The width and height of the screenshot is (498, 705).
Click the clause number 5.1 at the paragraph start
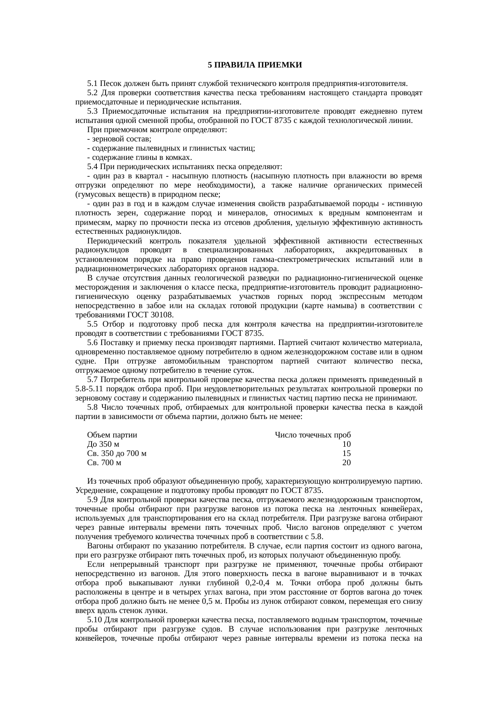click(92, 84)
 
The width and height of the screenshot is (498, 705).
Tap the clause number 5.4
click(92, 167)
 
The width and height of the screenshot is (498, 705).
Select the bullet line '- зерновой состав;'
click(119, 139)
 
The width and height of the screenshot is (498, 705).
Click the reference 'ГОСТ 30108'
click(150, 315)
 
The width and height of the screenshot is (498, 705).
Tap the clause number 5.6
click(92, 343)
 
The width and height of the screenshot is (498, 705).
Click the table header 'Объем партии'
click(112, 435)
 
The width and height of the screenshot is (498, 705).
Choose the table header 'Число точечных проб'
click(313, 435)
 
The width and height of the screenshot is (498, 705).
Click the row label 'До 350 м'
click(103, 444)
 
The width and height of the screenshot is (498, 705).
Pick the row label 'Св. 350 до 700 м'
click(116, 454)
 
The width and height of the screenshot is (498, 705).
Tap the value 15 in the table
click(347, 454)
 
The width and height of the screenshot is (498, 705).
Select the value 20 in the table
click(347, 463)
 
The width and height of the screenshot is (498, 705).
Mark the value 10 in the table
click(347, 444)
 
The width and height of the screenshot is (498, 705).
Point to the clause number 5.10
click(94, 620)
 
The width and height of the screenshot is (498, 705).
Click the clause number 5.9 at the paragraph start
click(92, 500)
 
